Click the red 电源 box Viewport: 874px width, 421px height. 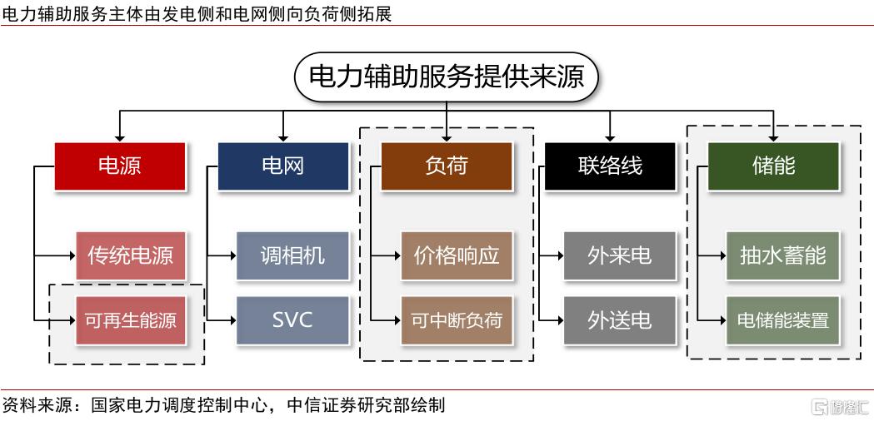(x=120, y=166)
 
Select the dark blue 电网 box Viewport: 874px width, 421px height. (x=283, y=166)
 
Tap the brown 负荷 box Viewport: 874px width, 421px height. (x=447, y=166)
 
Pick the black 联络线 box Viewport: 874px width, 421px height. (x=610, y=166)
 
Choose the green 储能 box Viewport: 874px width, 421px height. (x=773, y=166)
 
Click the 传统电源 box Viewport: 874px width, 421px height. (x=131, y=255)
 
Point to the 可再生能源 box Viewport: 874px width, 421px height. (x=131, y=320)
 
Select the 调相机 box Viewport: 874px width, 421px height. (x=292, y=255)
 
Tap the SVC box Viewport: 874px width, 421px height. (x=292, y=320)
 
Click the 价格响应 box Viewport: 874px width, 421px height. (x=457, y=255)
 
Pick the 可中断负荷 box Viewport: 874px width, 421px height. (x=457, y=320)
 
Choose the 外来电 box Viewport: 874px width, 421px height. (x=620, y=255)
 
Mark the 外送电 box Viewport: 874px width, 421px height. (x=620, y=320)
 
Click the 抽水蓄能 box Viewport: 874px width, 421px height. (x=782, y=255)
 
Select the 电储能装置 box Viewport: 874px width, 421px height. (x=782, y=320)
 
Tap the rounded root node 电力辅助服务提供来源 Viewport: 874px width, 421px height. (x=447, y=77)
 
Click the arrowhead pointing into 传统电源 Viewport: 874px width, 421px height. (x=72, y=256)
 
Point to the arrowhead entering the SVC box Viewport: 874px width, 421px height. (x=232, y=320)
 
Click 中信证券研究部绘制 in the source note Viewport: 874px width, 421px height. (x=366, y=405)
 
